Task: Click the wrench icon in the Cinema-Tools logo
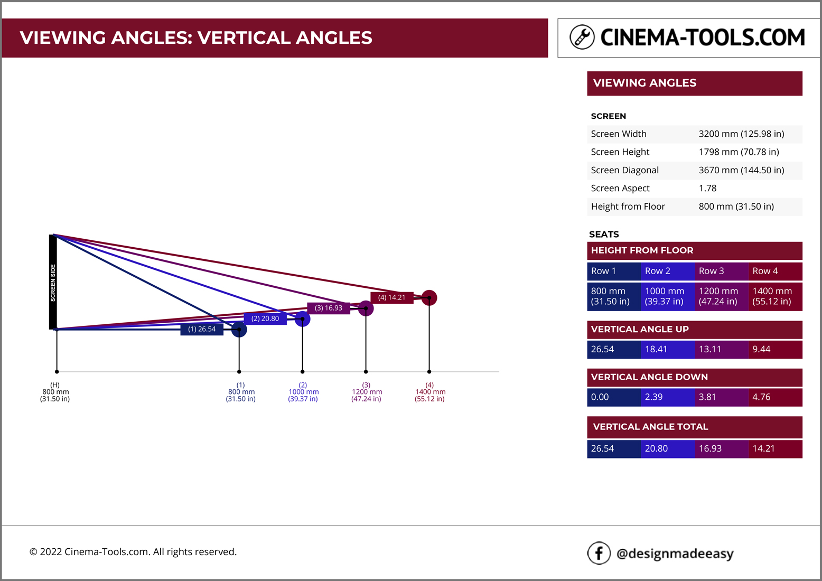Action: coord(582,37)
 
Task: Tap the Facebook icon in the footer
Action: coord(599,553)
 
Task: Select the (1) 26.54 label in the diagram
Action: coord(202,329)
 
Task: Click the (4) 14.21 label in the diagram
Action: coord(391,297)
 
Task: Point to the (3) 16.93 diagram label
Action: coord(328,308)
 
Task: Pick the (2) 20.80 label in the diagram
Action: coord(265,318)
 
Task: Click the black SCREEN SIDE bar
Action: coord(53,282)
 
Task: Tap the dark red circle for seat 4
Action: coord(429,298)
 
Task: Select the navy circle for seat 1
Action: coord(239,330)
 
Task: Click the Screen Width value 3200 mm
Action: coord(741,134)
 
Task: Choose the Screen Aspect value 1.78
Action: coord(707,188)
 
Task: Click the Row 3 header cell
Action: coord(721,271)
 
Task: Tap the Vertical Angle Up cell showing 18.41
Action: coord(667,349)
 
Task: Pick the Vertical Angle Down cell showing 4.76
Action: coord(775,397)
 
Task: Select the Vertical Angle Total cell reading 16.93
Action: coord(721,448)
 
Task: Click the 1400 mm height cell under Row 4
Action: coord(775,296)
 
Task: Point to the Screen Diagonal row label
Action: coord(624,170)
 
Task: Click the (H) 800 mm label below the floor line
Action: coord(55,392)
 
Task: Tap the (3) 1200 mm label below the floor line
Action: coord(366,392)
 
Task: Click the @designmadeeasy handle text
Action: coord(675,554)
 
